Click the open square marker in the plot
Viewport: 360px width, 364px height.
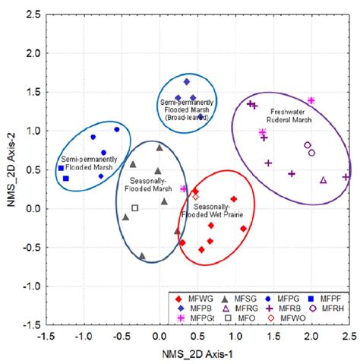coord(134,207)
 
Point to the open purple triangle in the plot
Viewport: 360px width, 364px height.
coord(324,180)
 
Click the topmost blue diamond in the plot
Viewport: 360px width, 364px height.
coord(186,81)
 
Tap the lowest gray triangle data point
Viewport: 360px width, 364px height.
coord(142,256)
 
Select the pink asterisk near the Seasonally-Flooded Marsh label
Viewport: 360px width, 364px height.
coord(183,188)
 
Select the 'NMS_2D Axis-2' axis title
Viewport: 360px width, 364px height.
coord(9,169)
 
